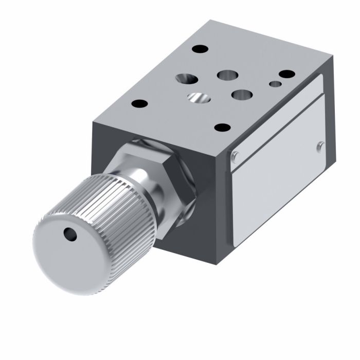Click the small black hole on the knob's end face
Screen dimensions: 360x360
(x=68, y=234)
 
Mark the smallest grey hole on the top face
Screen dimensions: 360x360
(x=275, y=84)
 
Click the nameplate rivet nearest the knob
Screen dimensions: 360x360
(x=236, y=157)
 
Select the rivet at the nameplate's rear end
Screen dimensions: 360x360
(x=320, y=147)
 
